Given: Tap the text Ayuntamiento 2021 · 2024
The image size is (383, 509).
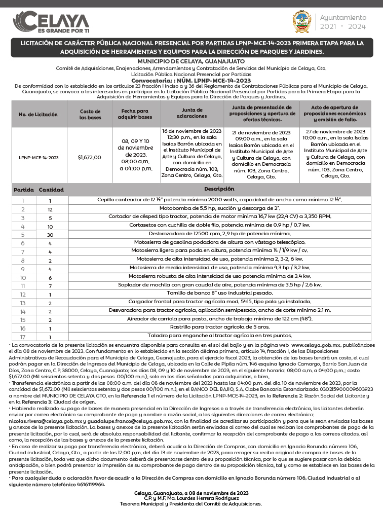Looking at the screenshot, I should pyautogui.click(x=342, y=22).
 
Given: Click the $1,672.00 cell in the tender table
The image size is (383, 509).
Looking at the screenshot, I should pyautogui.click(x=90, y=157).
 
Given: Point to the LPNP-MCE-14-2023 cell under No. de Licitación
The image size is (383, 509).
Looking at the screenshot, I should pyautogui.click(x=39, y=157).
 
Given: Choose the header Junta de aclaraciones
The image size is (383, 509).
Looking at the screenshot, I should pyautogui.click(x=191, y=113).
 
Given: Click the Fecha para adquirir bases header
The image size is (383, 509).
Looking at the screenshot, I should pyautogui.click(x=136, y=114).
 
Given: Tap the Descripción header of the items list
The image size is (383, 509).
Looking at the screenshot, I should pyautogui.click(x=219, y=189).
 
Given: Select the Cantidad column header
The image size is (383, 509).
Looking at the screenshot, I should pyautogui.click(x=51, y=190).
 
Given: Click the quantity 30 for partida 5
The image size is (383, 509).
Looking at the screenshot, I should pyautogui.click(x=50, y=235).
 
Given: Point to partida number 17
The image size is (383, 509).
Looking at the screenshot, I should pyautogui.click(x=22, y=336).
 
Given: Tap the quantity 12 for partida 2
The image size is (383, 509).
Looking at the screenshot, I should pyautogui.click(x=50, y=209).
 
